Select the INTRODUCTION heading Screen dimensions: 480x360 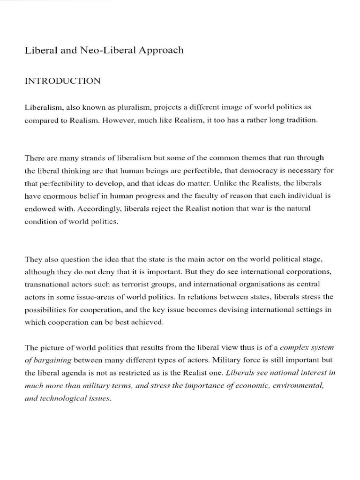click(62, 81)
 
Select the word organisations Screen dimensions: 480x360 click(254, 284)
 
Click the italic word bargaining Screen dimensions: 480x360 click(52, 360)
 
